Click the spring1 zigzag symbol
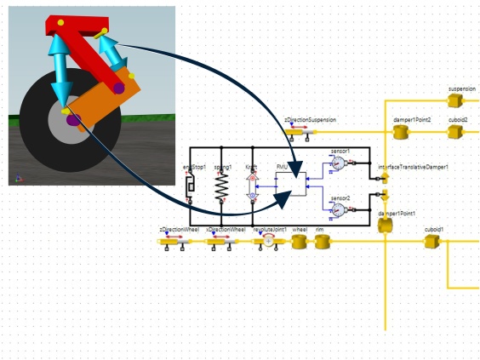221,186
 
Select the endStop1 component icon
190,186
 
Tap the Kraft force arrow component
251,186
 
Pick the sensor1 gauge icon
337,162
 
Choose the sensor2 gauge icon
337,209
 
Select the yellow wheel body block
300,242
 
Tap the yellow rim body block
322,242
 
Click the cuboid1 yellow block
431,242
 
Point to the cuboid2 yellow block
456,132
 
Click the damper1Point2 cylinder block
403,132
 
